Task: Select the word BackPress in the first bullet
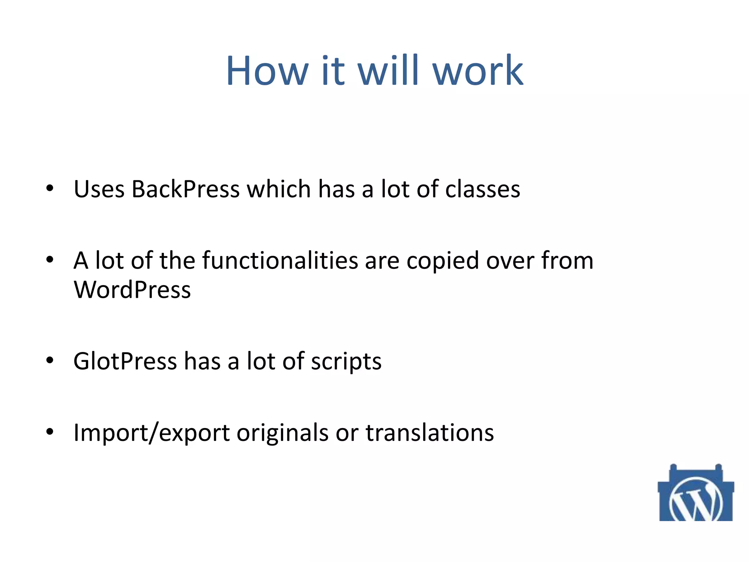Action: [x=185, y=189]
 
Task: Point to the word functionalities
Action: [x=280, y=261]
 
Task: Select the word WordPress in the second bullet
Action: [x=132, y=290]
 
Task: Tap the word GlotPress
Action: [x=125, y=361]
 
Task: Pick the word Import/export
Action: [x=152, y=433]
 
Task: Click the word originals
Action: [x=283, y=433]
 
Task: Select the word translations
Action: [x=430, y=433]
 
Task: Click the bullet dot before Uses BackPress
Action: [x=50, y=189]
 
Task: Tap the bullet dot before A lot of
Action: [x=50, y=260]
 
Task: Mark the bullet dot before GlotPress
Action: [x=50, y=361]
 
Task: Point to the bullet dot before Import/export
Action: [x=50, y=432]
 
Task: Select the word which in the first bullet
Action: [x=279, y=189]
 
